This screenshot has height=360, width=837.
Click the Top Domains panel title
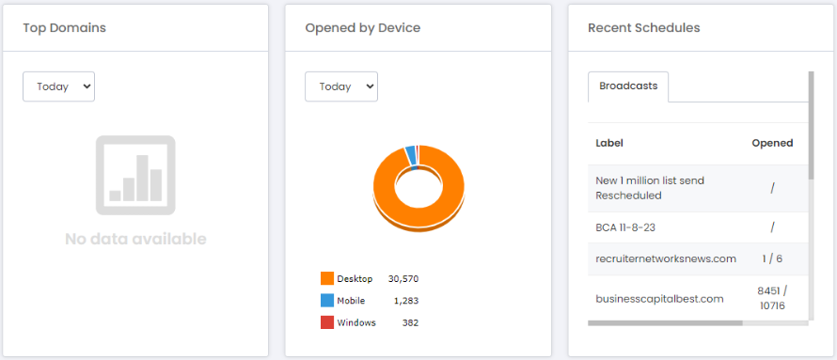[x=64, y=28]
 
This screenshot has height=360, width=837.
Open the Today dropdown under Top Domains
[x=58, y=86]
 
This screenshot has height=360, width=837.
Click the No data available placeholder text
[x=135, y=239]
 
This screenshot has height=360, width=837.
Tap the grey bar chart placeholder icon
[x=135, y=176]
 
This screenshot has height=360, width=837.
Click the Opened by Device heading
[x=362, y=28]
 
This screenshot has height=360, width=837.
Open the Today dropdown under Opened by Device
[x=340, y=86]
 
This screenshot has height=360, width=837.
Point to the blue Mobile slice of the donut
[x=410, y=153]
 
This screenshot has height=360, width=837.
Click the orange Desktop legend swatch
[x=327, y=279]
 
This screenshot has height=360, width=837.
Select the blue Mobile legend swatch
[x=327, y=301]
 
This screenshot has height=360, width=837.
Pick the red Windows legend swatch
[x=327, y=323]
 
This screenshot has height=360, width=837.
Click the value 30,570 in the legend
[x=403, y=279]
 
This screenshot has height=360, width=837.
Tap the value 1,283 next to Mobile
[x=406, y=301]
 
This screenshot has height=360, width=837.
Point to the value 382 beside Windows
[x=410, y=323]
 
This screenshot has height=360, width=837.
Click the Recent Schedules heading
[x=643, y=28]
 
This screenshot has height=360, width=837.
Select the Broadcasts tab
[x=627, y=86]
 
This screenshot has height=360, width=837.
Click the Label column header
[x=609, y=144]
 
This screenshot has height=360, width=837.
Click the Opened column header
[x=772, y=144]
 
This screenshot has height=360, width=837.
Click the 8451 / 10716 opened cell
[x=772, y=299]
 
